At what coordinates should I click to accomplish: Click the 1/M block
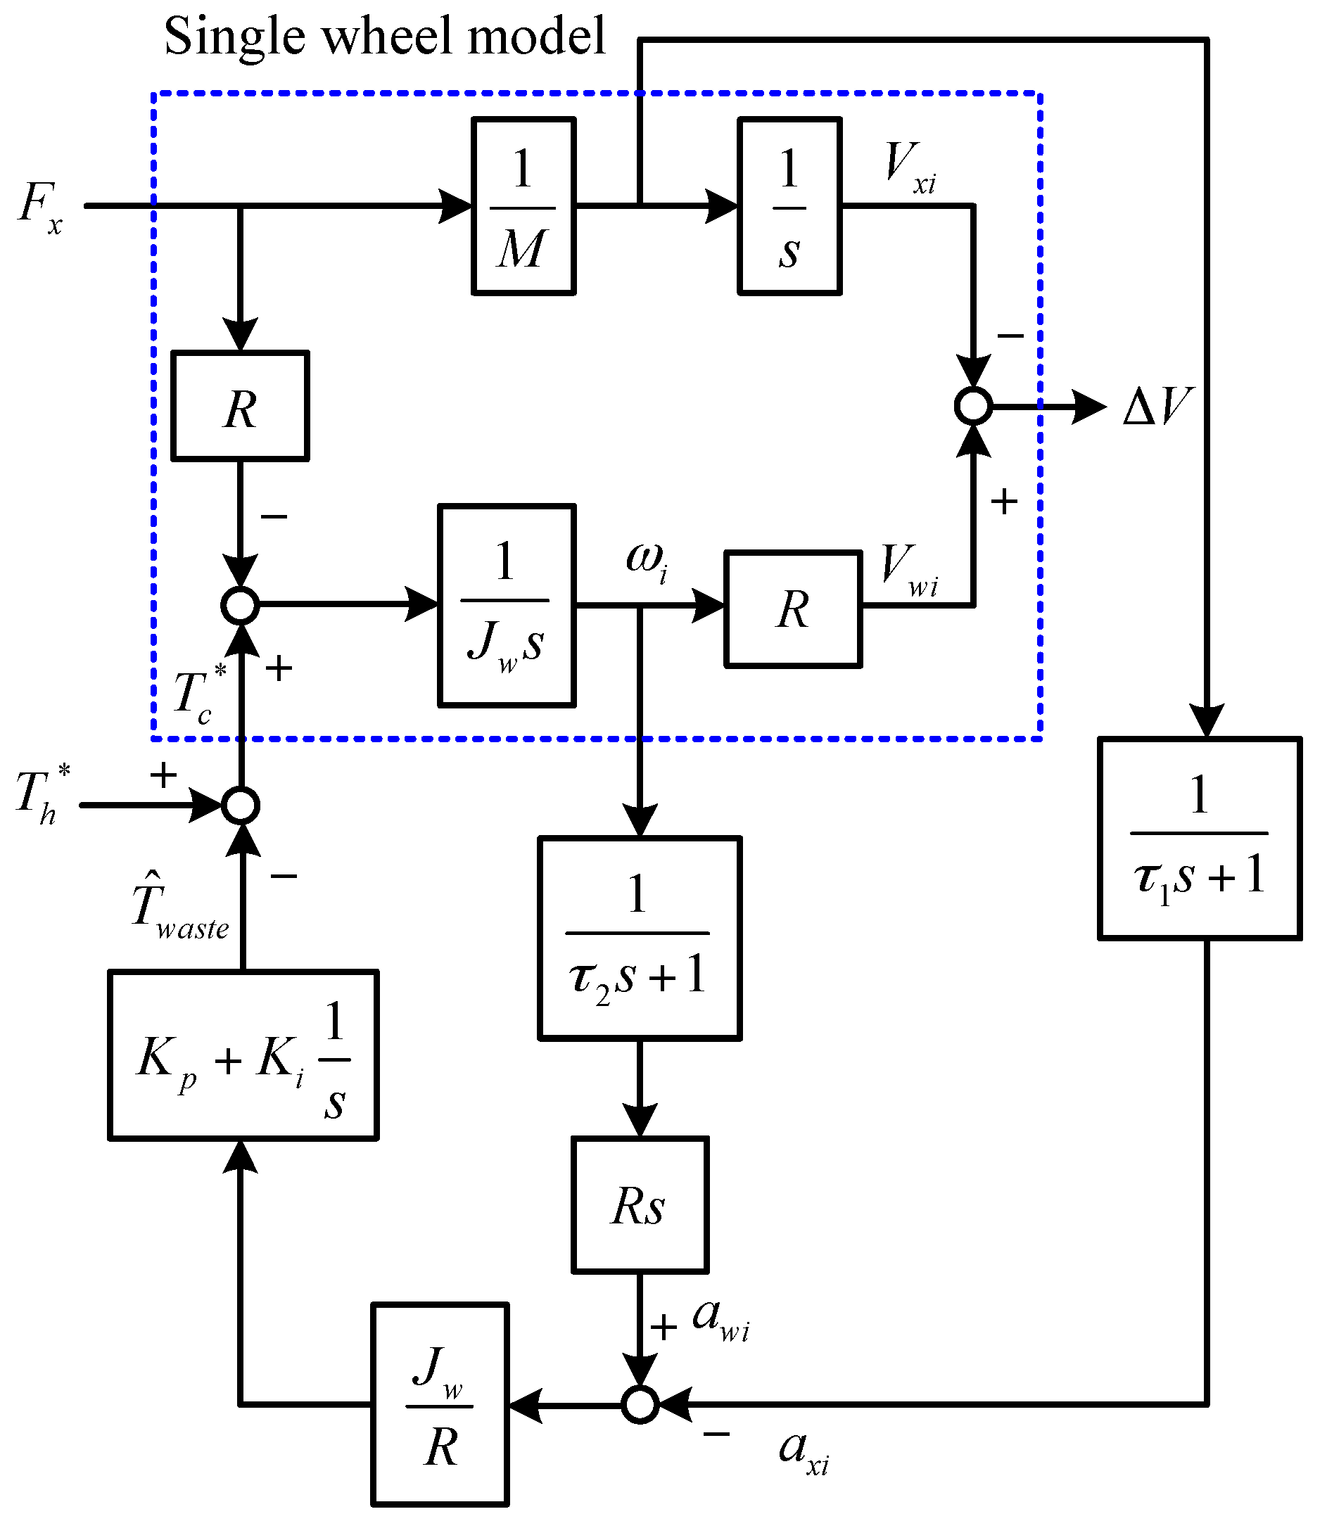[x=523, y=206]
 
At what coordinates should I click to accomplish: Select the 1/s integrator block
[x=789, y=206]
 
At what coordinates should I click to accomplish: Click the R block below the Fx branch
[x=240, y=406]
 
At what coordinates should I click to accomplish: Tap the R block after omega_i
[x=793, y=609]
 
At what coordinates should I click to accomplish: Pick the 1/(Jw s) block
[x=507, y=606]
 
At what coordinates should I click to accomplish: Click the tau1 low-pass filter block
[x=1200, y=839]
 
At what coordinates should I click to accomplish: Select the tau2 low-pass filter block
[x=640, y=938]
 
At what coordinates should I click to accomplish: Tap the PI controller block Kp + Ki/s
[x=243, y=1055]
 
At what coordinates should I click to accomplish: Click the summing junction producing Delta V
[x=973, y=406]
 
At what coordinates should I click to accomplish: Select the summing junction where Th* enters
[x=241, y=805]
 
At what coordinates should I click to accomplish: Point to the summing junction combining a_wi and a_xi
[x=640, y=1404]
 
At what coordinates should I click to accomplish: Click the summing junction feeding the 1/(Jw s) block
[x=241, y=606]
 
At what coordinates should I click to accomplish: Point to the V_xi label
[x=909, y=167]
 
